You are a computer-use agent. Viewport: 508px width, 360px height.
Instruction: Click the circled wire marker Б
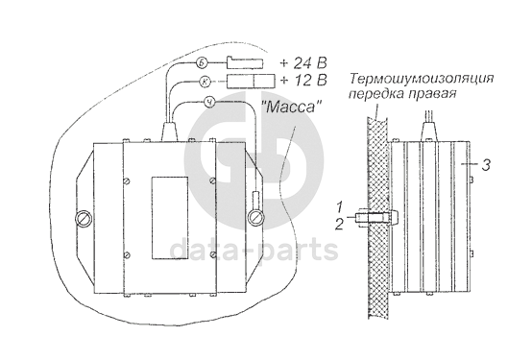201,63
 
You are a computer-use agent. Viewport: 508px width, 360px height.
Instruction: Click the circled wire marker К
205,82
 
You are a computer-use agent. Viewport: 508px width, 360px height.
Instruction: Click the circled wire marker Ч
209,103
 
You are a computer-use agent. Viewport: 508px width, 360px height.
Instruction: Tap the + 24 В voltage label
302,63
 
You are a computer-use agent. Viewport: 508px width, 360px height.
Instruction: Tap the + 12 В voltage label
302,80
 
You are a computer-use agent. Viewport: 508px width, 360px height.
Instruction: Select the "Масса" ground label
290,107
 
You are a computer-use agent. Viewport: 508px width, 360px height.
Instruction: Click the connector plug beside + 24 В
245,62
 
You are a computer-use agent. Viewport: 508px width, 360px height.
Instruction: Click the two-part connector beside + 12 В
251,81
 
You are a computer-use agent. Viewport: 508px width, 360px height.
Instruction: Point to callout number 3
485,165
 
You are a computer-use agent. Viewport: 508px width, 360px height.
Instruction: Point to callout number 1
339,206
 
